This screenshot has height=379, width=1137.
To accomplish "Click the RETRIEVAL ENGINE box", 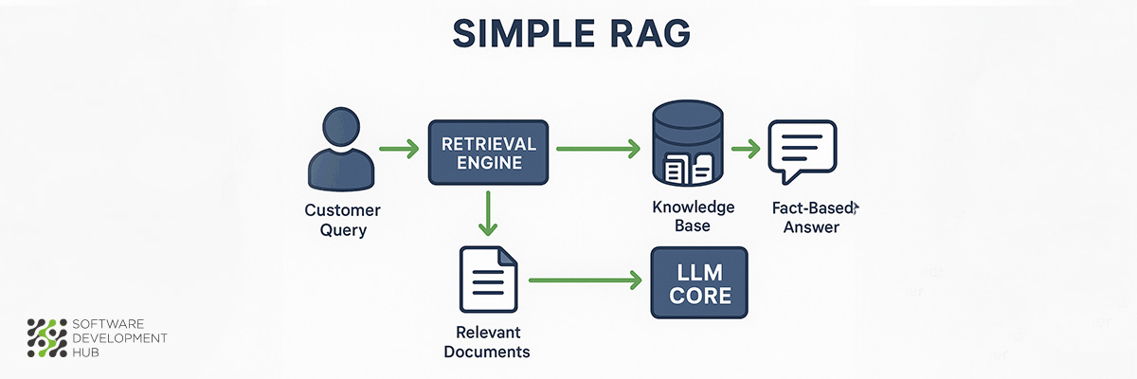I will click(488, 152).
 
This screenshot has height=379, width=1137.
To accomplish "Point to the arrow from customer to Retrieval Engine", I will click(399, 149).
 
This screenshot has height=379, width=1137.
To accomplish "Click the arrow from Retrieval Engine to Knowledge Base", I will click(597, 149).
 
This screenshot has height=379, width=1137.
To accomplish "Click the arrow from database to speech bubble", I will click(746, 149).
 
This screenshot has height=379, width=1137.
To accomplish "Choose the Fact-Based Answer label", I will click(812, 217).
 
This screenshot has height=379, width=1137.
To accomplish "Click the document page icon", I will click(487, 281).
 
